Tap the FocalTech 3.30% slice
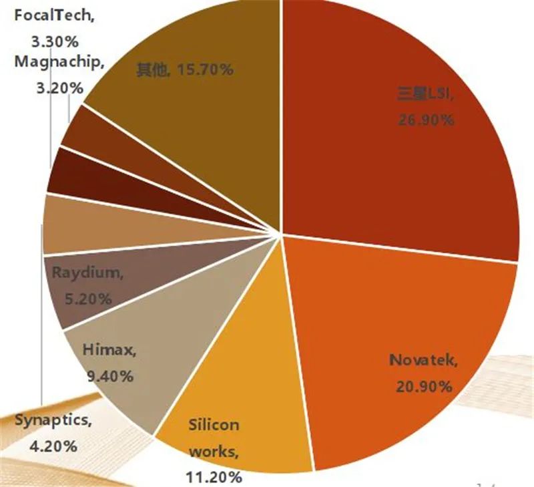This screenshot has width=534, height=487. point(109,143)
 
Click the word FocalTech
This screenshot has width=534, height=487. point(52,15)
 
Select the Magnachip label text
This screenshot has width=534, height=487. point(57,62)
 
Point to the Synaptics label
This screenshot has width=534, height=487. point(51,420)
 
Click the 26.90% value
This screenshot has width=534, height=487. point(426,120)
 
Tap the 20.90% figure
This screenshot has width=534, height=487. point(425,387)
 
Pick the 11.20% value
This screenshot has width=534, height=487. point(214,477)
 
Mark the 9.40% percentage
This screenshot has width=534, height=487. point(109,376)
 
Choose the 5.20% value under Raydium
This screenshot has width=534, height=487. point(88,299)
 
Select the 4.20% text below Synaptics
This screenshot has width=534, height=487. point(53,446)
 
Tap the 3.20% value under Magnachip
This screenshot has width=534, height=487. point(59,88)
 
